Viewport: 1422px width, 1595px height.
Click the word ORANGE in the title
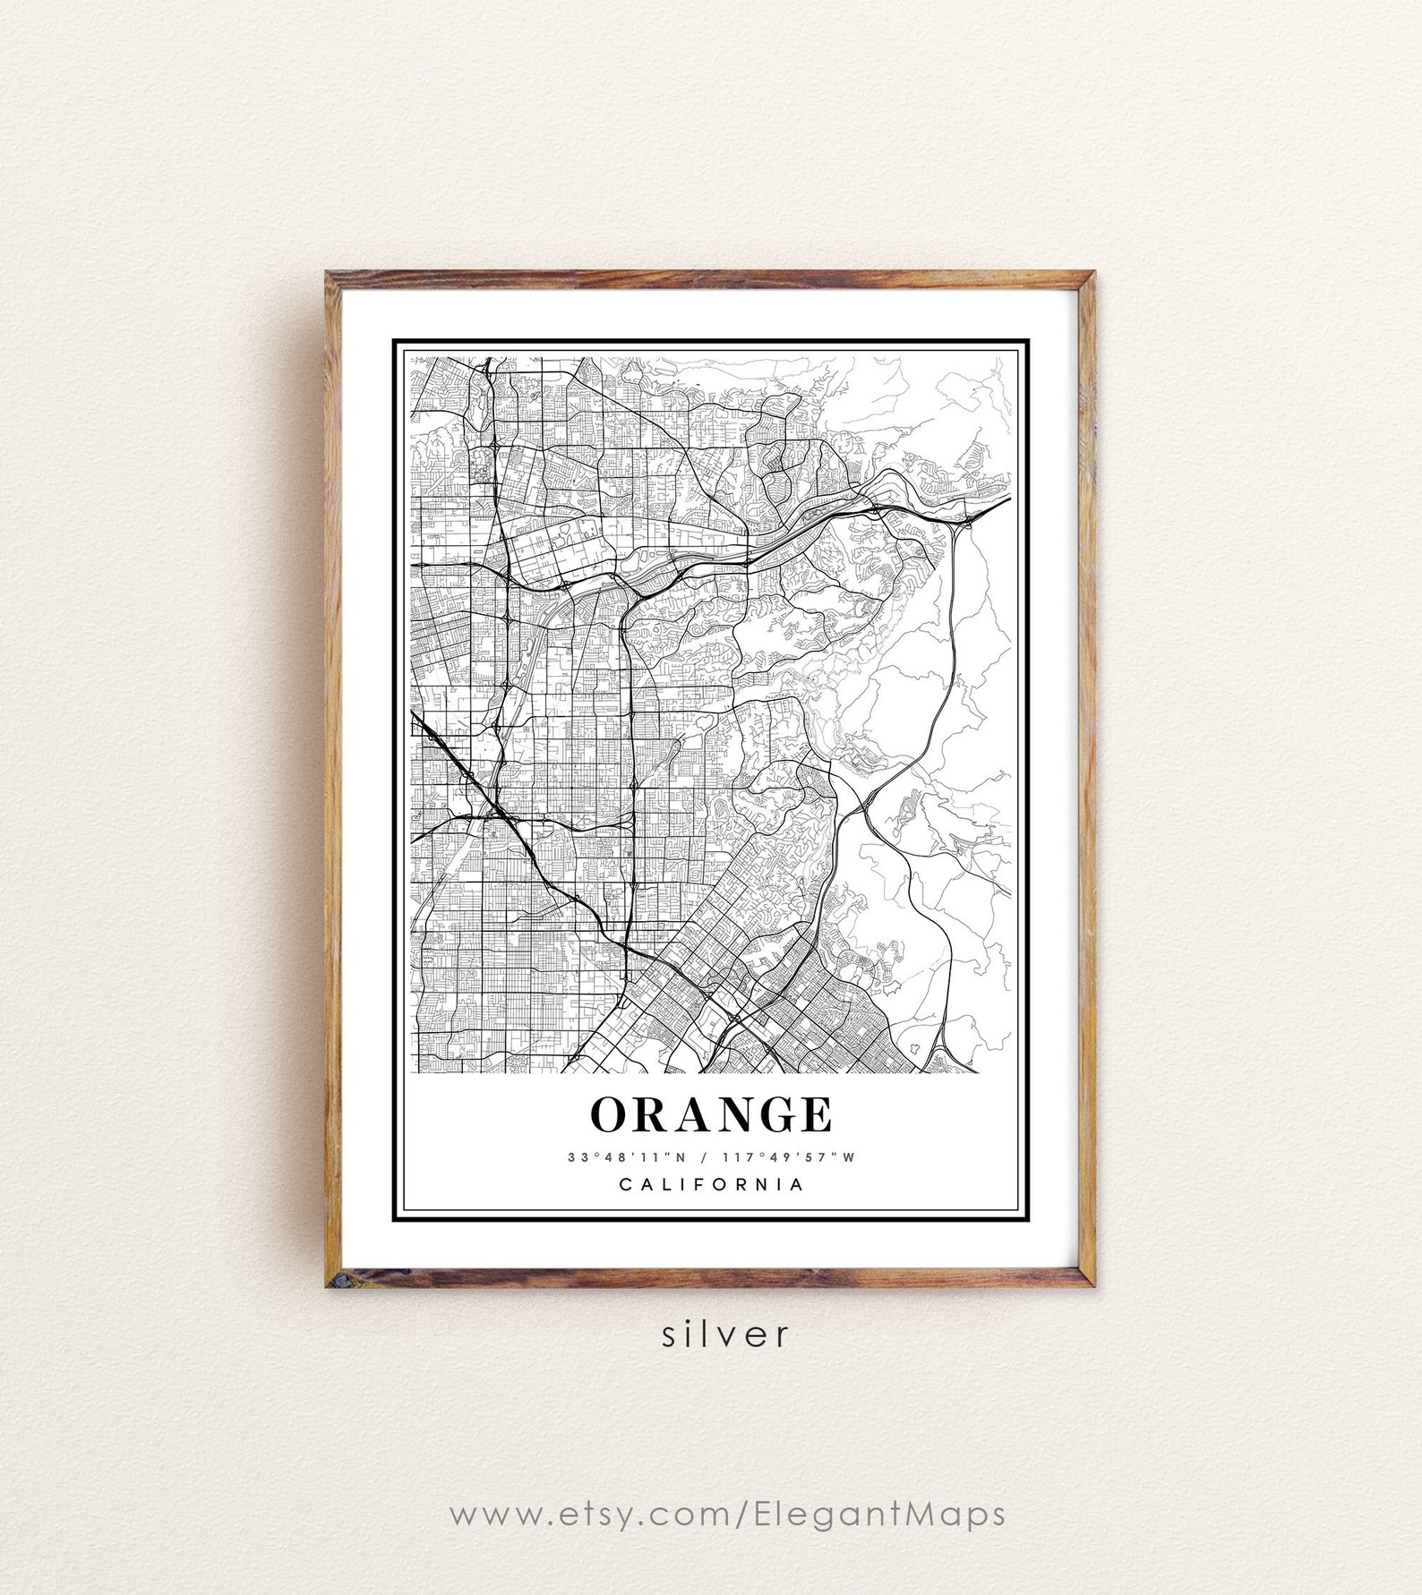coord(711,1114)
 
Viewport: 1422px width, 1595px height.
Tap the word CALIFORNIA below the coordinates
coord(711,1184)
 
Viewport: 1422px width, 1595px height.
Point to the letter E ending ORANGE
coord(816,1114)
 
